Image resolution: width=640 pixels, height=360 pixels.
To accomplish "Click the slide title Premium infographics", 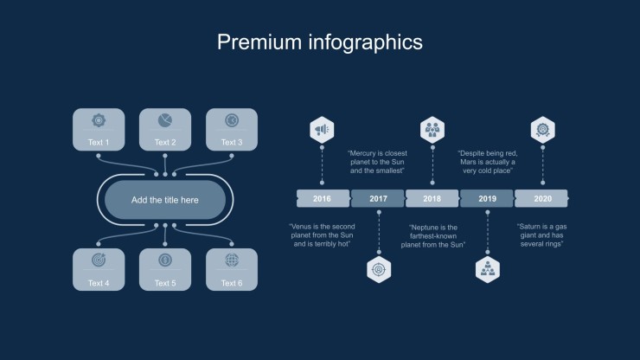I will point(320,42).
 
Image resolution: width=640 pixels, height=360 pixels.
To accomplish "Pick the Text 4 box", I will point(99,270).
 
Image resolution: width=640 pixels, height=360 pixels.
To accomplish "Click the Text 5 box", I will point(165,270).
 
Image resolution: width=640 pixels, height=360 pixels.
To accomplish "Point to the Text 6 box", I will point(232,270).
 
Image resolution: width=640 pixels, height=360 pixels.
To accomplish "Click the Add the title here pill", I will point(165,200).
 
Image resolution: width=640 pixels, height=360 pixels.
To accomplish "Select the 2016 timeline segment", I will point(323,199).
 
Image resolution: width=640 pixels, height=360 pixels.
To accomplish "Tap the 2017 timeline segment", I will point(378,199).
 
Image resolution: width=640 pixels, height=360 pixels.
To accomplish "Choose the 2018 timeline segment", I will point(432,199).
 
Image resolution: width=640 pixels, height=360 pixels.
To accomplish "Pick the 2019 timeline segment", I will point(487,199).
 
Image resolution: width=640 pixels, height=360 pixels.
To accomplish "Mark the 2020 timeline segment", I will point(542,199).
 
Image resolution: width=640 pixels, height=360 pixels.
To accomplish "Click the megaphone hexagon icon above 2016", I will point(323,130).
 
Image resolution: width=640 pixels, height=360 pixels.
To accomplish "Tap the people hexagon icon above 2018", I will point(432,130).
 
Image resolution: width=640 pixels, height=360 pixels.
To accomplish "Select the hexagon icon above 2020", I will point(542,130).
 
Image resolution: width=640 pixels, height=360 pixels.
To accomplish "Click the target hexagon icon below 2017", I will point(379,269).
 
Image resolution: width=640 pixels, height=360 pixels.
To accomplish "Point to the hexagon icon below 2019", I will point(488,269).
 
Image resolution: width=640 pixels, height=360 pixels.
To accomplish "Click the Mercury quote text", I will point(378,162).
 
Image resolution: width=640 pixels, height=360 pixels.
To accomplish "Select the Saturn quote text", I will point(541,235).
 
